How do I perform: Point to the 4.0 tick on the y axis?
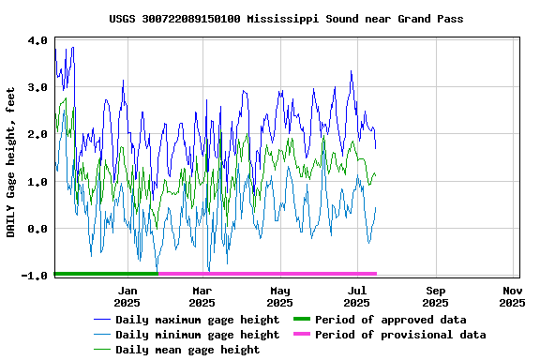tap(37, 41)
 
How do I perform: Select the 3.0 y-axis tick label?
tap(37, 88)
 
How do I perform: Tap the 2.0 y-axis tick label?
tap(37, 135)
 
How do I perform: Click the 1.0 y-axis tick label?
tap(37, 182)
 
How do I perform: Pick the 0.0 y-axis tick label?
tap(37, 229)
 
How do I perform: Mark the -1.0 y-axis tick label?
tap(36, 276)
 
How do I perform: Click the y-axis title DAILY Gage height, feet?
tap(11, 157)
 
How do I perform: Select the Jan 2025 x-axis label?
tap(127, 297)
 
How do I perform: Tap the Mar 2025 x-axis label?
tap(202, 297)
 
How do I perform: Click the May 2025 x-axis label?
tap(279, 297)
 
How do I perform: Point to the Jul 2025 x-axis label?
tap(356, 297)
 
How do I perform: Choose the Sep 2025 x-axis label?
tap(435, 297)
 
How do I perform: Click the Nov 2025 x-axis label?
tap(512, 297)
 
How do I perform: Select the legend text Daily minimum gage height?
tap(197, 335)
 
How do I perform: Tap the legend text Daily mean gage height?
tap(187, 350)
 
